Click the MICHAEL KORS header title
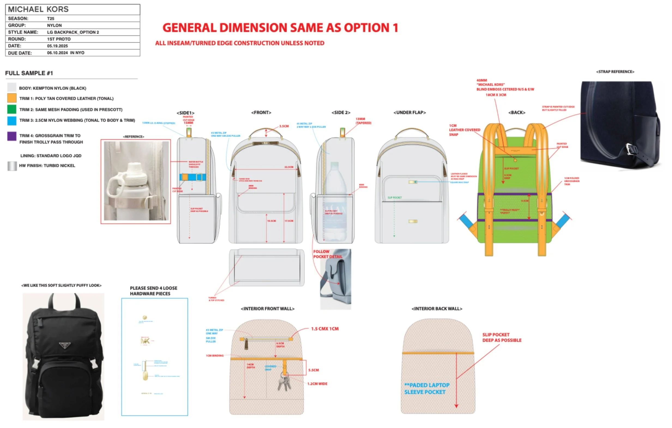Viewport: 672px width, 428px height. coord(38,9)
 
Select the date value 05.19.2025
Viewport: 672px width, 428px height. coord(57,46)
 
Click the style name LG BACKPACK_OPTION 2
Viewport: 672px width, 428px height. coord(73,32)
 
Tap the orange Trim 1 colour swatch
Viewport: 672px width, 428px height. coord(12,98)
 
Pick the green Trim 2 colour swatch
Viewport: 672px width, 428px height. coord(12,109)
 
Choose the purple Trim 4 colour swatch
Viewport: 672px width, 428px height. coord(12,136)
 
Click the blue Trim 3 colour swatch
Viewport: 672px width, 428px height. coord(12,120)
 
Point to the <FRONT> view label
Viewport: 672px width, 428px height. coord(261,113)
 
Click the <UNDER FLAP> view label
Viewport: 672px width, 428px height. coord(409,113)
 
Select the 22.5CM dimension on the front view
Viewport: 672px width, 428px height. coord(288,167)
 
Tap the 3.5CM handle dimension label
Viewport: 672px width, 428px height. coord(284,126)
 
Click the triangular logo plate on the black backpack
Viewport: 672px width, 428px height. coord(64,345)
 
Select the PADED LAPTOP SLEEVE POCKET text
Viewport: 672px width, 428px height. coord(427,388)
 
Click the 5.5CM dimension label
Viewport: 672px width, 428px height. coord(314,370)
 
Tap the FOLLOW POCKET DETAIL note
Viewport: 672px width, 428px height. coord(327,254)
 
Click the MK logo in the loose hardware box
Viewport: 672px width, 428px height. coord(145,341)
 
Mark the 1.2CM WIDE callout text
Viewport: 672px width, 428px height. coord(317,384)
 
